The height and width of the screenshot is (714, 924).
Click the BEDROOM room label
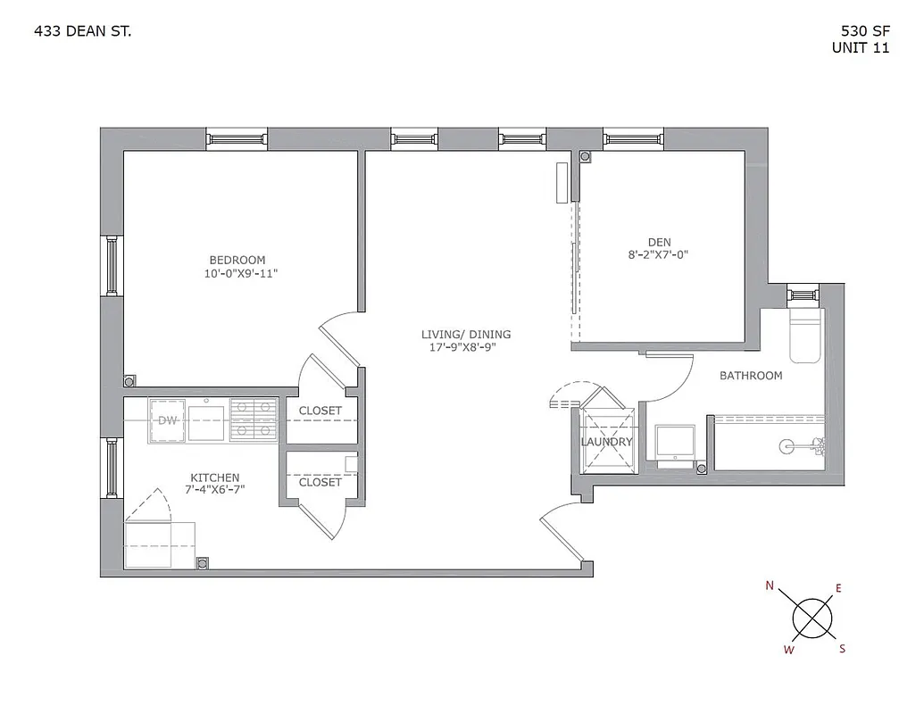237,260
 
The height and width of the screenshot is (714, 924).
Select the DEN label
659,242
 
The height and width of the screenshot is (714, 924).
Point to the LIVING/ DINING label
466,335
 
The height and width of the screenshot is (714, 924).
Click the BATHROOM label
751,376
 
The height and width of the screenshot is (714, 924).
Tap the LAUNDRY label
606,442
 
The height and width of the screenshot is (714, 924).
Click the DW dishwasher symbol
167,420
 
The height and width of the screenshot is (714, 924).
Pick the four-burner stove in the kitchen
254,420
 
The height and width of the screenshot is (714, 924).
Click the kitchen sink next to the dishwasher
208,420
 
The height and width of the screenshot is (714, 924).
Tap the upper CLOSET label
320,411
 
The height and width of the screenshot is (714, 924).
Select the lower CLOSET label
320,482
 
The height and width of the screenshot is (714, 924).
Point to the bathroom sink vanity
675,444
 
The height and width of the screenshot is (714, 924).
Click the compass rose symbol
813,618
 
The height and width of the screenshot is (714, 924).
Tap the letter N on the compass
770,586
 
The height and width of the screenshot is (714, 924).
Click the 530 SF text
860,32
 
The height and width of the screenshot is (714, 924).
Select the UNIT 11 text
860,48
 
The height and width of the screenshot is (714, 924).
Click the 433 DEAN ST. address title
82,32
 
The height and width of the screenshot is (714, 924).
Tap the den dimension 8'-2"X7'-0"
659,255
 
